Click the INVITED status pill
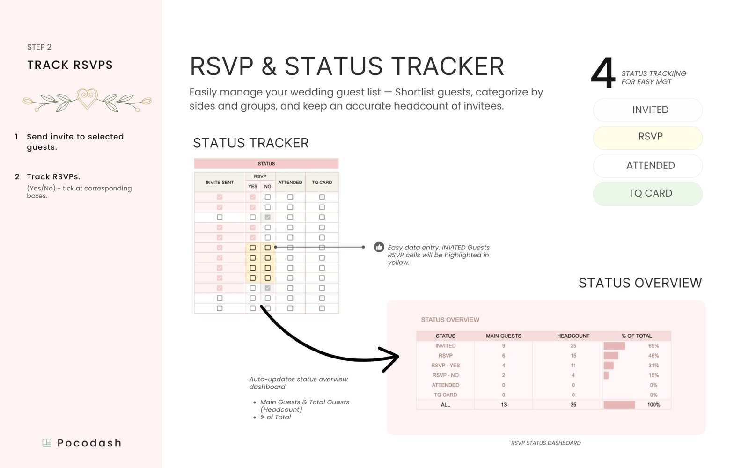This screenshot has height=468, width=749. click(648, 110)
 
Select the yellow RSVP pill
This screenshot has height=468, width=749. click(648, 138)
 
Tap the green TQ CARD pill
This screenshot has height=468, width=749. click(648, 194)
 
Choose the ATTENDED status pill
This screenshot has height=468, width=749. click(648, 166)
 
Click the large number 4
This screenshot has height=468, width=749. click(603, 73)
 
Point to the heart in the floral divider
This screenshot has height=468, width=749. click(87, 98)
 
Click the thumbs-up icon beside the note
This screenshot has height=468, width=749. click(379, 247)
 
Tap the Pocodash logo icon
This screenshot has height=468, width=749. click(47, 443)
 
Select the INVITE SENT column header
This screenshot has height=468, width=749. click(220, 182)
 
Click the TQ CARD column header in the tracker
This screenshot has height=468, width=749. click(322, 182)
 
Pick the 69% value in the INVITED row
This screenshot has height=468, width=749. click(654, 346)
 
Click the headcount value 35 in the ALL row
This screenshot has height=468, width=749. click(573, 404)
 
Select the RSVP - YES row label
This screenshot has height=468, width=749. click(445, 366)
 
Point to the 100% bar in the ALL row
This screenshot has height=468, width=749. click(619, 404)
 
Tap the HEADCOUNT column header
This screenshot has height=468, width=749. click(573, 336)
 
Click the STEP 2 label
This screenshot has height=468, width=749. click(39, 47)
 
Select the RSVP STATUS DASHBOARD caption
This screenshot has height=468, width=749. click(546, 443)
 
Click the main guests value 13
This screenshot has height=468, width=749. click(504, 404)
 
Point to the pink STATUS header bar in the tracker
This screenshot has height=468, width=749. click(266, 163)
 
